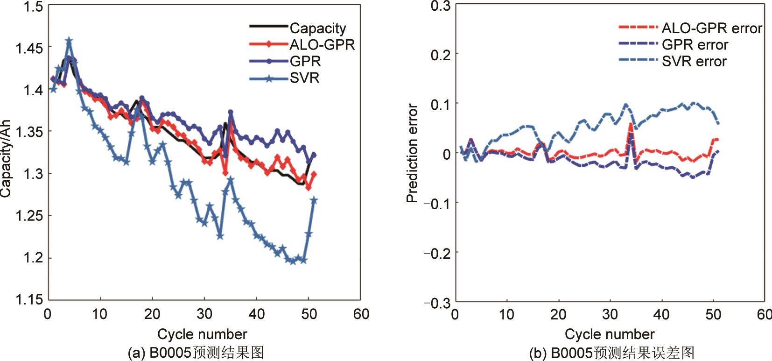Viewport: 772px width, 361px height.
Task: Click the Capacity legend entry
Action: click(x=318, y=28)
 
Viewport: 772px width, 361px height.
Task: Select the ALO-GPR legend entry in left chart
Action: click(x=322, y=45)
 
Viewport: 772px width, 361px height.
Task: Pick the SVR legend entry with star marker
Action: click(x=304, y=78)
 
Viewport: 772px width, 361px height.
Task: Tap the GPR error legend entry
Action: click(x=695, y=45)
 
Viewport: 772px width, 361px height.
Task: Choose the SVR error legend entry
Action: click(x=694, y=62)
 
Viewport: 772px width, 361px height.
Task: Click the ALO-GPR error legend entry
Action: click(x=711, y=28)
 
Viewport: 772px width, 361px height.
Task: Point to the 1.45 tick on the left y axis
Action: click(x=29, y=48)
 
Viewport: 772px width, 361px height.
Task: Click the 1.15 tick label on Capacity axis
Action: click(x=29, y=299)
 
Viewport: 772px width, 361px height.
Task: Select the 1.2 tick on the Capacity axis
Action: click(x=33, y=258)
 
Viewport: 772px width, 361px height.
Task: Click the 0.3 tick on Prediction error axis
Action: click(x=440, y=6)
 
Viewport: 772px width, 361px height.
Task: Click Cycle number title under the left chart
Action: click(x=202, y=334)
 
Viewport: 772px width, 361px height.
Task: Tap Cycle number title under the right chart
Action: click(x=610, y=334)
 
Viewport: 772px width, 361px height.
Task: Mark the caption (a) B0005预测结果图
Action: click(x=196, y=352)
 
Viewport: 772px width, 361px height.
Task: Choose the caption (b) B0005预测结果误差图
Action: click(x=611, y=352)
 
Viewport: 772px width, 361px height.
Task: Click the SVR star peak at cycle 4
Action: click(x=69, y=41)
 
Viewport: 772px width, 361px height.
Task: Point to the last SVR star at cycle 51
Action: click(x=314, y=200)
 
